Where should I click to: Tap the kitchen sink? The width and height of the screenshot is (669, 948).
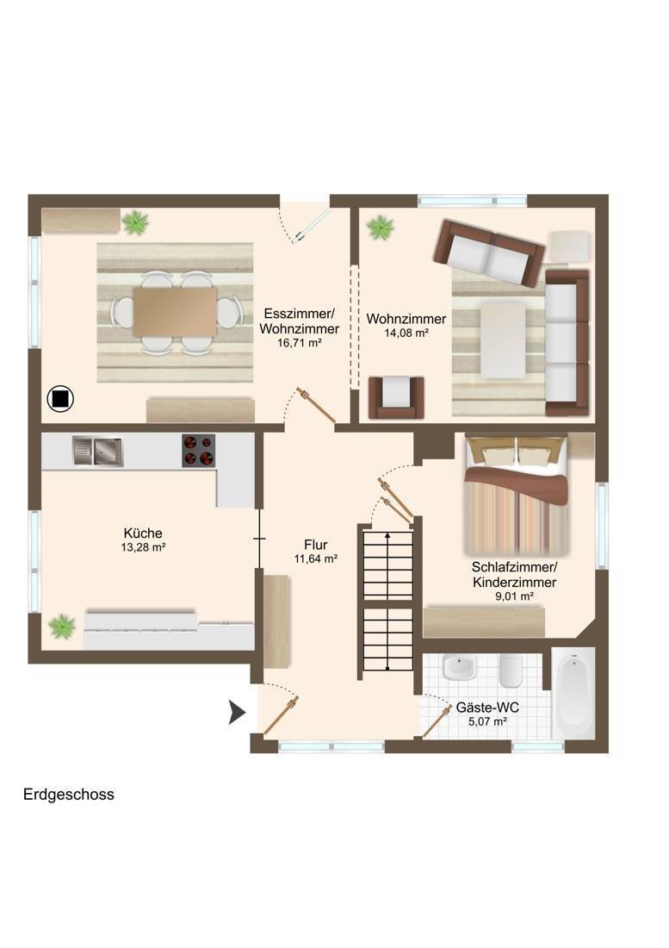(98, 451)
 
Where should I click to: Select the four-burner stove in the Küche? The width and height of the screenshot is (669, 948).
(199, 451)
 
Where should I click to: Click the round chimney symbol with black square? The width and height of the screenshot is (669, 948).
(60, 399)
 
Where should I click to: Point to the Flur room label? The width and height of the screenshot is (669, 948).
(316, 545)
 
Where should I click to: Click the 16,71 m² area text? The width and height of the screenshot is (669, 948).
(299, 343)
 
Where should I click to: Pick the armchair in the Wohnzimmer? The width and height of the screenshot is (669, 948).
(396, 397)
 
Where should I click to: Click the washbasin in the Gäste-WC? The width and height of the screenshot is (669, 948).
(459, 667)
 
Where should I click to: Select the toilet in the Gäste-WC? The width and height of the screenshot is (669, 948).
(511, 670)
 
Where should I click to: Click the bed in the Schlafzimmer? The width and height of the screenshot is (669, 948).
(517, 495)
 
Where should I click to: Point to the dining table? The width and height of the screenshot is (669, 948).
(175, 312)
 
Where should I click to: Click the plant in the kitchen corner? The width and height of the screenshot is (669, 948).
(62, 627)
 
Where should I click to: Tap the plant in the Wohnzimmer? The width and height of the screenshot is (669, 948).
(381, 228)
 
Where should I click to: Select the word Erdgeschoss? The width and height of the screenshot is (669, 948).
(69, 795)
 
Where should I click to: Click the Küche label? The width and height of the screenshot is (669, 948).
(143, 533)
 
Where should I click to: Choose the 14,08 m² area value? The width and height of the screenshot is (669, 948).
(406, 333)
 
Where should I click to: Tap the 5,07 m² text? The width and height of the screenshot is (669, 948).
(487, 721)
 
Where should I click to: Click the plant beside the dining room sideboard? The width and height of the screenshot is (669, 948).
(135, 221)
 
